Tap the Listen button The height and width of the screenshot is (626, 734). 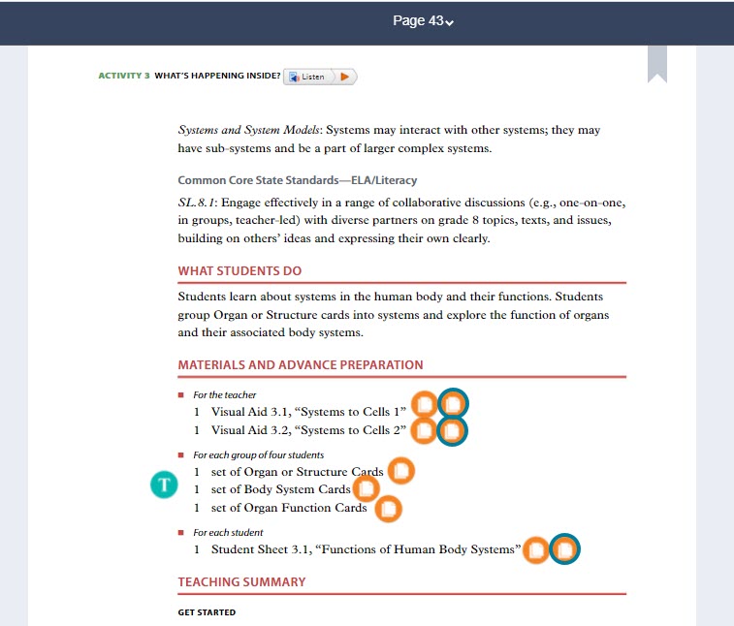point(308,77)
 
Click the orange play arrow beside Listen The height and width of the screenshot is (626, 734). point(344,77)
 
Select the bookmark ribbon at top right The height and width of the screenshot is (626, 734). point(657,63)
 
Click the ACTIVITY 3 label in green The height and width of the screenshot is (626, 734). point(124,76)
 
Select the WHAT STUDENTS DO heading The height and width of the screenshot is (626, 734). point(239,271)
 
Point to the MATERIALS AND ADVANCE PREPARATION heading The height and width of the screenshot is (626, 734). point(301,365)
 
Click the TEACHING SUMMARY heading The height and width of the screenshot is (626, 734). point(241,582)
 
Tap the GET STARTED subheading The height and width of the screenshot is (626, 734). point(207,612)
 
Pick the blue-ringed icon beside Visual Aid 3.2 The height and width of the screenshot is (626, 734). point(452,430)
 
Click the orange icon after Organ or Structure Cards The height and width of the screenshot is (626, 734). point(400,472)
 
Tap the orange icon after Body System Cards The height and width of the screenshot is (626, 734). point(366,489)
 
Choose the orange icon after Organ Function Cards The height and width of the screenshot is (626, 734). point(387,508)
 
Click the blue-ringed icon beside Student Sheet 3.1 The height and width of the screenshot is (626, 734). point(564,550)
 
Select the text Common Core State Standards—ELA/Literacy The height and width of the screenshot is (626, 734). point(298,180)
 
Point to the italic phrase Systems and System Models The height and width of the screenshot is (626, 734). point(249,130)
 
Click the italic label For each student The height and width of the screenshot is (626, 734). point(228,533)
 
